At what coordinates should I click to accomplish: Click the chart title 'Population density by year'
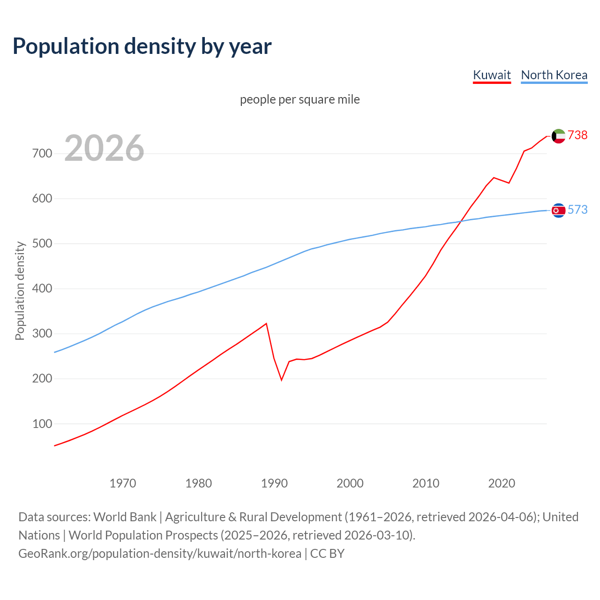(142, 46)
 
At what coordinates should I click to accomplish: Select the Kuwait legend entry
(492, 75)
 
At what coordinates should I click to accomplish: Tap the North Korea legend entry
(554, 75)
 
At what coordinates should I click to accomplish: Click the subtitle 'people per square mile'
(300, 100)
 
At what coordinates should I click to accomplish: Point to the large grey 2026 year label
(104, 148)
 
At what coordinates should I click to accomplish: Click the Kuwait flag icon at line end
(558, 136)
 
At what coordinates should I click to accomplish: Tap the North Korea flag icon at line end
(558, 210)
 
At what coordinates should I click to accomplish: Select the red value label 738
(577, 135)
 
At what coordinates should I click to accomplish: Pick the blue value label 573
(577, 210)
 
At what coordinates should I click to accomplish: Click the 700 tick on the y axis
(42, 154)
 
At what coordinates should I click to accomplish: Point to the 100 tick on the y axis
(42, 424)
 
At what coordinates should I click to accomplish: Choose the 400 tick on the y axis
(42, 289)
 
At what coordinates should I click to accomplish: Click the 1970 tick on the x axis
(123, 483)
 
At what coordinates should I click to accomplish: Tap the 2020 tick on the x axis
(502, 483)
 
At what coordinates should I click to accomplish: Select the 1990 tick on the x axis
(274, 483)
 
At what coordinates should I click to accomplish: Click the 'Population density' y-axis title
(20, 291)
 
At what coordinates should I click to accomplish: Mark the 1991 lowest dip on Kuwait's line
(281, 380)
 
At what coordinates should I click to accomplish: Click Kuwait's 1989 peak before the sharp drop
(266, 323)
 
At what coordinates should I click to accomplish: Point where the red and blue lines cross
(462, 221)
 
